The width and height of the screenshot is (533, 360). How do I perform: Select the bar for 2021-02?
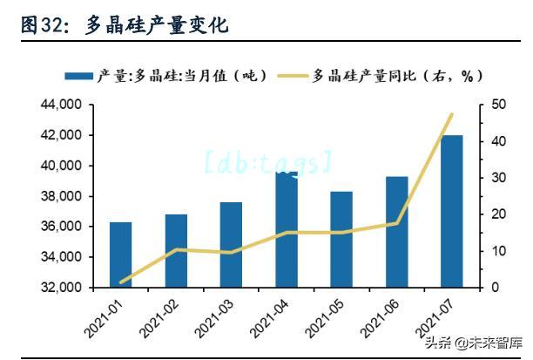point(176,251)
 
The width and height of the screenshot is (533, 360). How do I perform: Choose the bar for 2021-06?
point(396,232)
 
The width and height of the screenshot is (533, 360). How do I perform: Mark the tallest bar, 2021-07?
point(451,211)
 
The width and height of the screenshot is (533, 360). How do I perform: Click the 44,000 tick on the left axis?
point(61,105)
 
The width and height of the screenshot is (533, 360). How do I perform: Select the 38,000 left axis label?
point(61,196)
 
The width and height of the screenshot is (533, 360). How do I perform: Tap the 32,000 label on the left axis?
point(61,288)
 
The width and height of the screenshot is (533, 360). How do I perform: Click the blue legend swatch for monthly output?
point(78,76)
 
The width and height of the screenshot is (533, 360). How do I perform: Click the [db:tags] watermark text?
point(267,161)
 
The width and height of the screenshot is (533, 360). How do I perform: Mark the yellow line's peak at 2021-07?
point(451,114)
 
